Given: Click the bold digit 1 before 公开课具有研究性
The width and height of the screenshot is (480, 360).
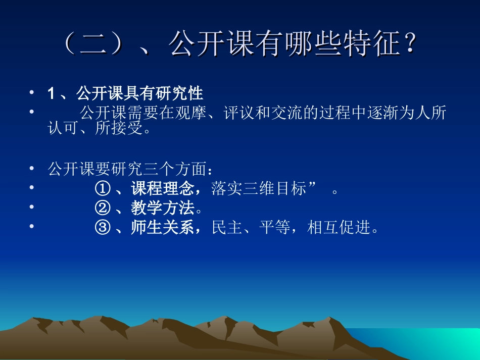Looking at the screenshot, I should coord(51,93).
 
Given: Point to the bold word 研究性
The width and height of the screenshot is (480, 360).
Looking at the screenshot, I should coord(181,93).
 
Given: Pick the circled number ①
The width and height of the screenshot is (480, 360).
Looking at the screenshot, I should coord(102,189).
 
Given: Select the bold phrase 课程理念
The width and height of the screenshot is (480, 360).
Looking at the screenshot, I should coord(162,189).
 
